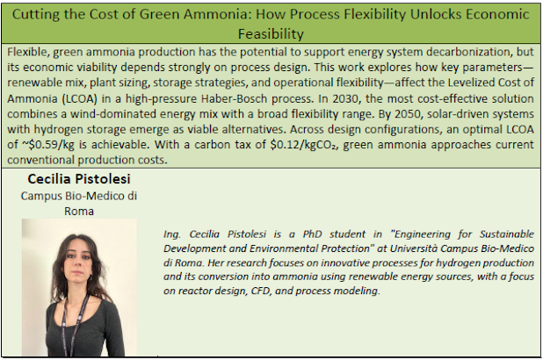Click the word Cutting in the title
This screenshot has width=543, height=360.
[35, 15]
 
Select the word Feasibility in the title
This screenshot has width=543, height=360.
[271, 34]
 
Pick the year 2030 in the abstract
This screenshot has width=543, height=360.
[346, 98]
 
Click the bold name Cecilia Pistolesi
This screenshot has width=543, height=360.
[79, 179]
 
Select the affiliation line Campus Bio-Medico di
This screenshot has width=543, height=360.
[79, 196]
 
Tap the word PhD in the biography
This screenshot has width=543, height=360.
[313, 234]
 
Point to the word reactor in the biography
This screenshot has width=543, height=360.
[194, 291]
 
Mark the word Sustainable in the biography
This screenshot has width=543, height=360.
[507, 234]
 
